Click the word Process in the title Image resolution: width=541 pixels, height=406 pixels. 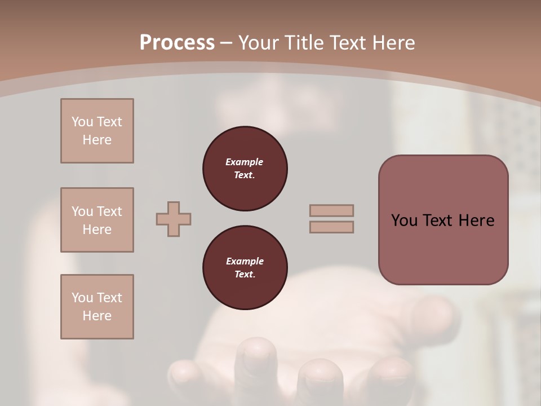[177, 43]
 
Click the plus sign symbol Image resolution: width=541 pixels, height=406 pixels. [174, 219]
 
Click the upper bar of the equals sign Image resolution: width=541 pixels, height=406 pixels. [331, 210]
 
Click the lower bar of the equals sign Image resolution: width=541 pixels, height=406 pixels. [331, 227]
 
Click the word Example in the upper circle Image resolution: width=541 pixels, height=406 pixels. [245, 162]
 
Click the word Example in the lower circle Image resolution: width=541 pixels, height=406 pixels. [245, 261]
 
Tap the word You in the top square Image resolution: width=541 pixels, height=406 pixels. [82, 122]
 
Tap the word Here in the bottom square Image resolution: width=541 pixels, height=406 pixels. [97, 316]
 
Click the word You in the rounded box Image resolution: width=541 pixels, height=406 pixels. [404, 220]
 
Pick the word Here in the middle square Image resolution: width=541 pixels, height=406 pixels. [97, 230]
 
